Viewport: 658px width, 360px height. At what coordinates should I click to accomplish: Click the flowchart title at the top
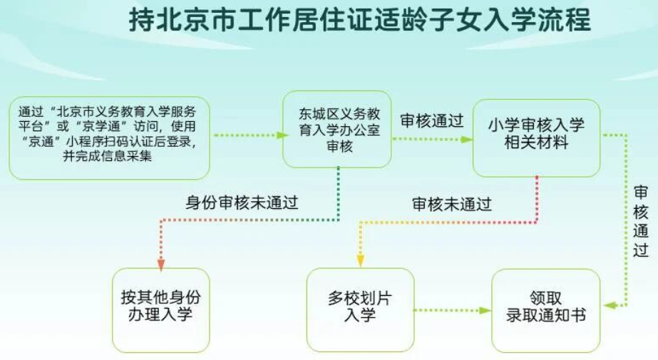tap(359, 19)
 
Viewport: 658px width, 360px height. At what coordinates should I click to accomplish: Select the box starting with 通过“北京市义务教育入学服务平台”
tap(110, 138)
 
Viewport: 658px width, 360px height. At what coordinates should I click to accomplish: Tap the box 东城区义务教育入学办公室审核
tap(337, 129)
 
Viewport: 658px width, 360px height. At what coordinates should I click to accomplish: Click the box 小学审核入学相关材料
tap(536, 138)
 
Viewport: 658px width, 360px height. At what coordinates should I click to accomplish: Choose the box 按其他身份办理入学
tap(160, 310)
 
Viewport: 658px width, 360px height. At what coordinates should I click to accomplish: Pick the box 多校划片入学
tap(360, 310)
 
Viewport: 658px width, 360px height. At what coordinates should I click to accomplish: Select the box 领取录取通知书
tap(545, 311)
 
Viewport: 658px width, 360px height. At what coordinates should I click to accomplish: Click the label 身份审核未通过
tap(242, 202)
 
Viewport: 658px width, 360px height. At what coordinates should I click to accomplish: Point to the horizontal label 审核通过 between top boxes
tap(432, 120)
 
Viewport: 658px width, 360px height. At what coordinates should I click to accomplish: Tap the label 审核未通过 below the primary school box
tap(451, 205)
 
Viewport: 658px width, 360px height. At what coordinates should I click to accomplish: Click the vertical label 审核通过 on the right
tap(641, 221)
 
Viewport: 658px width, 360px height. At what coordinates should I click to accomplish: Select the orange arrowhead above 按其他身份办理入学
tap(160, 264)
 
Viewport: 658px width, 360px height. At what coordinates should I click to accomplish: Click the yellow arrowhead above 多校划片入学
tap(360, 261)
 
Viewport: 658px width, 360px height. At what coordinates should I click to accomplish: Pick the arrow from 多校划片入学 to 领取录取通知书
tap(453, 311)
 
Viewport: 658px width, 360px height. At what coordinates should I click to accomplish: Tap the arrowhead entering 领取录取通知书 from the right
tap(610, 306)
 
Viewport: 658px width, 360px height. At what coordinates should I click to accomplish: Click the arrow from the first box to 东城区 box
tap(251, 135)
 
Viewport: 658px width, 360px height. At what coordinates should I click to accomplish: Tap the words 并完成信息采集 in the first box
tap(107, 156)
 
